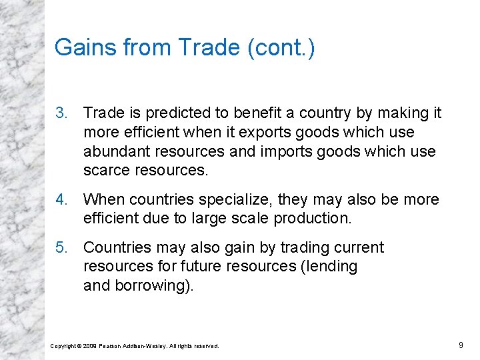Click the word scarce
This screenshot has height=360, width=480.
coord(107,170)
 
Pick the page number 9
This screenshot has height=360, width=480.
coord(461,345)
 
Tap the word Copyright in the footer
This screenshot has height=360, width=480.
coord(64,346)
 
